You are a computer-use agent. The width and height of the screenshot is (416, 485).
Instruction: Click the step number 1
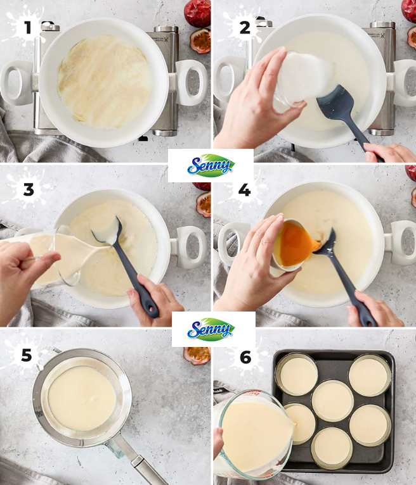(27, 27)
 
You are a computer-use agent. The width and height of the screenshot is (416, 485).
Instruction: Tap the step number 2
(245, 27)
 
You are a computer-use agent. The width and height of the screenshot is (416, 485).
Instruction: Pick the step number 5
(27, 356)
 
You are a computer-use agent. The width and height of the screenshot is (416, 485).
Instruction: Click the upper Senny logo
(211, 165)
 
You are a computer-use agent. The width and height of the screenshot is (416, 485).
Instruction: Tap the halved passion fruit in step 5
(197, 355)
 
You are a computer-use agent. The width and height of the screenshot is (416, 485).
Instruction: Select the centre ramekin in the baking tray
(332, 400)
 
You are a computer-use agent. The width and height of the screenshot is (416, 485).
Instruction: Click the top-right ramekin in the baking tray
(369, 374)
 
